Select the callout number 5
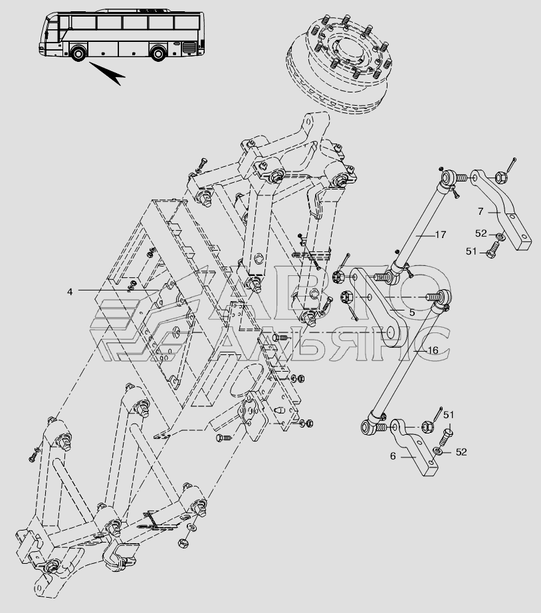[412, 312]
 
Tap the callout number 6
[393, 457]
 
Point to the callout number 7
[479, 212]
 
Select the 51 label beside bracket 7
[471, 251]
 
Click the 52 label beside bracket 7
[481, 233]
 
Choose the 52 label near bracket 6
[461, 452]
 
